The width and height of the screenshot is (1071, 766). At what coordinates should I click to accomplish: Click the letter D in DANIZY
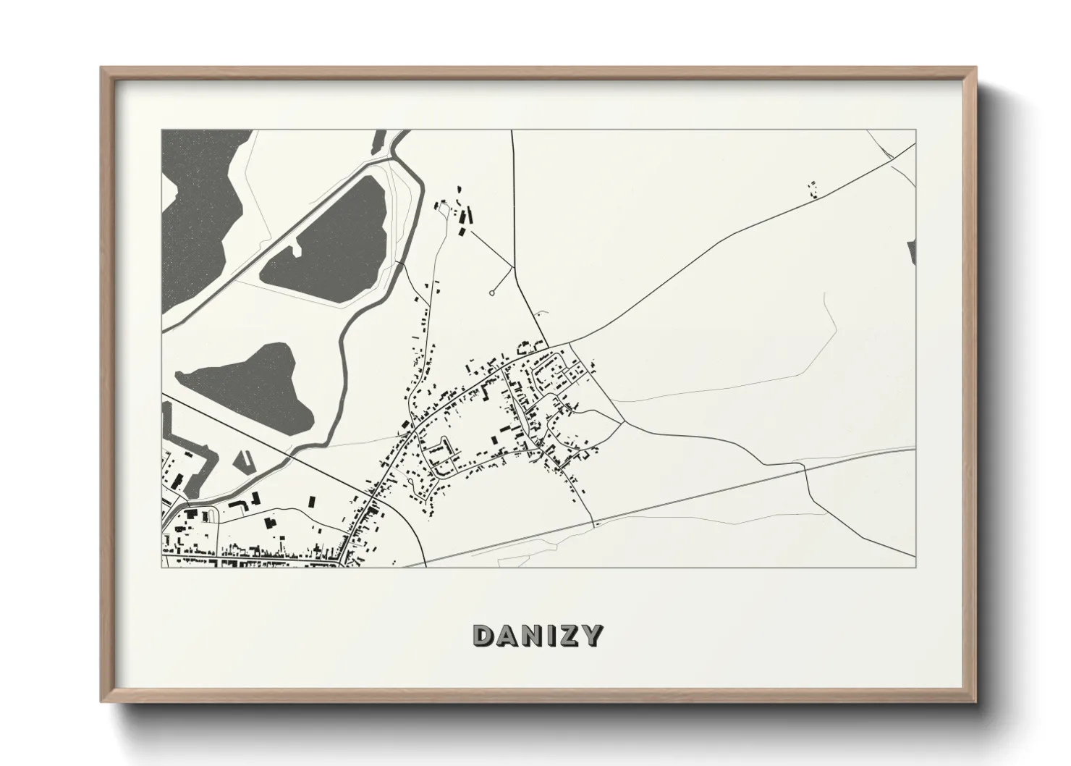(484, 636)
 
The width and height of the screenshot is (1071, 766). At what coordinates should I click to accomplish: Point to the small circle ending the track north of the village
(492, 292)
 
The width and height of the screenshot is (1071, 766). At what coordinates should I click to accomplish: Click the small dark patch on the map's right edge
(911, 250)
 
